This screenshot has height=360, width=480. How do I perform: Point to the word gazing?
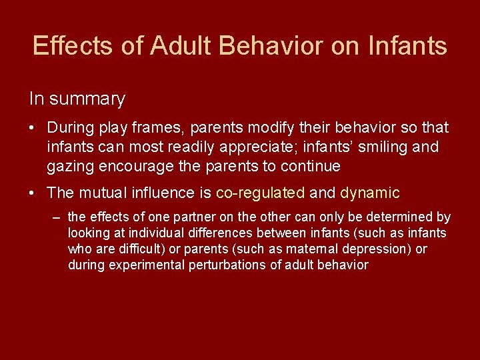[x=71, y=166]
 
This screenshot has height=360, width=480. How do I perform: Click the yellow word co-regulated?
[x=260, y=193]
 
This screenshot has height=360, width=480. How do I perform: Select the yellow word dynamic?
[x=370, y=193]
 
